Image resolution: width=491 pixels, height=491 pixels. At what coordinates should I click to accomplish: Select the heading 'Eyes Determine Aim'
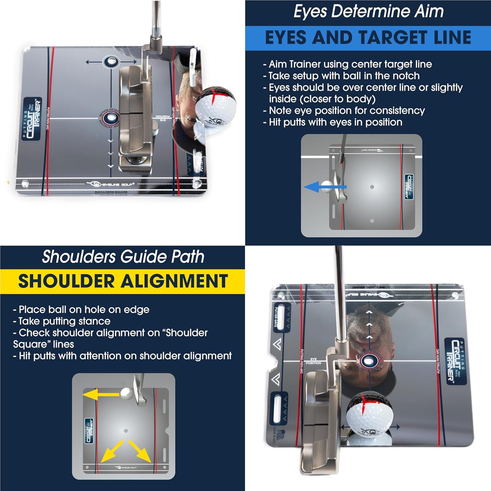coord(368,12)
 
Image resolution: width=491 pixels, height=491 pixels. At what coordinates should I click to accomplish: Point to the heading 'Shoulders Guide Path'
coord(123,257)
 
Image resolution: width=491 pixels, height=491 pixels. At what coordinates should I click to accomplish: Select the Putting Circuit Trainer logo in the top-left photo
coord(33,119)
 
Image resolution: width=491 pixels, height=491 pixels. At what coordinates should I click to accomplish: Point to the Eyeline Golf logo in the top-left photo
coord(110,184)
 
